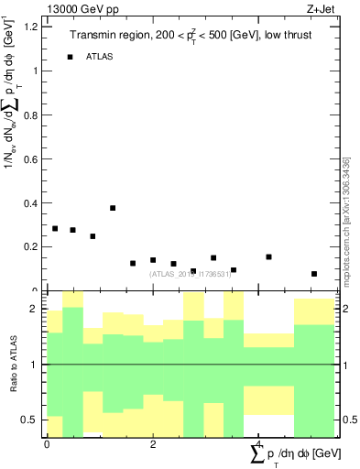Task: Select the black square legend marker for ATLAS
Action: (x=70, y=57)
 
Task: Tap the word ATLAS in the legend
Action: (x=100, y=57)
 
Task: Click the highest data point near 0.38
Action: (x=113, y=208)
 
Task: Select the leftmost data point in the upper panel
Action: (x=55, y=229)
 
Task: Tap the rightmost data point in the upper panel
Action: (x=314, y=274)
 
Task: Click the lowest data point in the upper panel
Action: (x=314, y=274)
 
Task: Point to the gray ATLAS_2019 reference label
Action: (x=190, y=273)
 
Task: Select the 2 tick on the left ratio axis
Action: (x=33, y=310)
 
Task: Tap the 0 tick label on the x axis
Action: (x=47, y=443)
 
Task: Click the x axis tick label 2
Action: (x=153, y=443)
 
